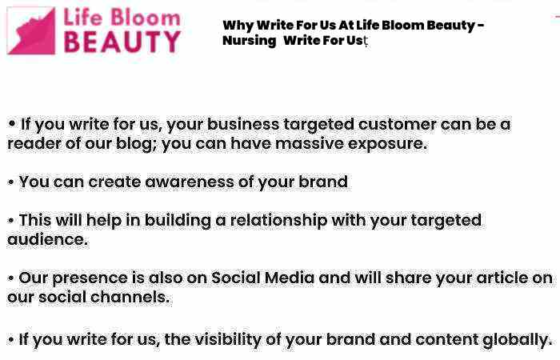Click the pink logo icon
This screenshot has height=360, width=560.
[31, 30]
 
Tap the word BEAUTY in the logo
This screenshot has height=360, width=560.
[122, 42]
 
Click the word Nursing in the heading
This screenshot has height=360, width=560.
[250, 41]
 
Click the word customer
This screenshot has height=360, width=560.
[397, 124]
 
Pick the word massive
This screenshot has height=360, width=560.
[310, 143]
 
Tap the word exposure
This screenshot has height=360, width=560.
[387, 144]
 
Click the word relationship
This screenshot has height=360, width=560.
[278, 220]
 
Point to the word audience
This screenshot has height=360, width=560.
[47, 239]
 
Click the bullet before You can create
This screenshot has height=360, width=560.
[10, 182]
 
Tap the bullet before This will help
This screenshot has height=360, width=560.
[10, 220]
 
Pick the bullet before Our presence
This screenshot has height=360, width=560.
[10, 278]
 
